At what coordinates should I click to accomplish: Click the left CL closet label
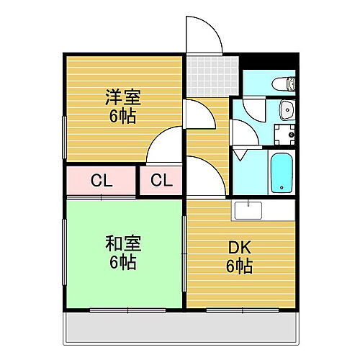pos(101,181)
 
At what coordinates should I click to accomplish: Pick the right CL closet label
pos(161,181)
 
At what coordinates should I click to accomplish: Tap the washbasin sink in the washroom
pos(286,110)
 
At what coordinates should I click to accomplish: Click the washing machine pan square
pos(287,134)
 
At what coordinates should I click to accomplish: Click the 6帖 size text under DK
pos(240,267)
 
